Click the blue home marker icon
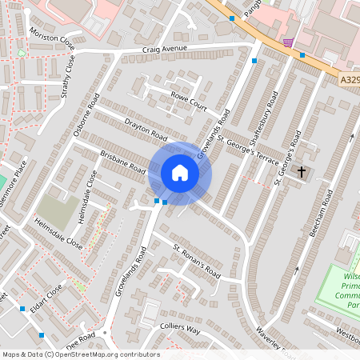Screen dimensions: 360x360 (x=180, y=173)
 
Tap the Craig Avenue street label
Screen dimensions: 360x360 (x=165, y=49)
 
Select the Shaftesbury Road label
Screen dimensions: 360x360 (x=265, y=119)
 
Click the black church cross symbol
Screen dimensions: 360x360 (x=302, y=171)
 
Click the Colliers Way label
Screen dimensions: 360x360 (x=180, y=328)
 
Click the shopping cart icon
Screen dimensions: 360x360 (x=287, y=42)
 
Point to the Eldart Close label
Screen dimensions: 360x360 (x=46, y=292)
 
